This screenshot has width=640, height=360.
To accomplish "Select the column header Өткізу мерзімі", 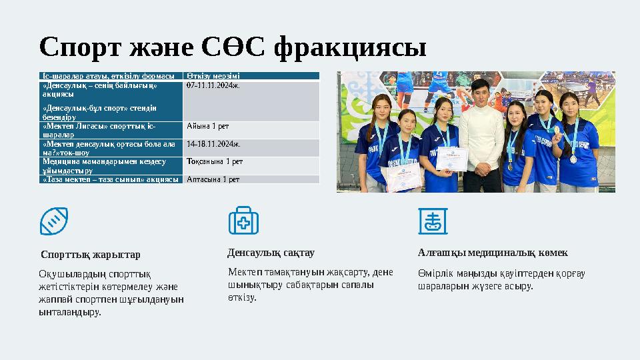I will (x=209, y=76).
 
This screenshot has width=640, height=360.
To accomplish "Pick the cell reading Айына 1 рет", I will (x=208, y=126).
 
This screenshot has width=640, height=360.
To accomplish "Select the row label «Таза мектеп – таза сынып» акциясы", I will (x=110, y=179).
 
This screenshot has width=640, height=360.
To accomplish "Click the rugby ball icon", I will (x=54, y=221).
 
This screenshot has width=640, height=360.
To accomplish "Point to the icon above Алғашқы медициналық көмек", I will (x=430, y=221).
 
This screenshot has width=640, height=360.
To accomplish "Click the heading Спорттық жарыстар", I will (x=91, y=255).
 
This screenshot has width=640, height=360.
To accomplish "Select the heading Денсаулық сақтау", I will (x=271, y=253).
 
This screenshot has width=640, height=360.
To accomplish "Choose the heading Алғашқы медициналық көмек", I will (x=493, y=253).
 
